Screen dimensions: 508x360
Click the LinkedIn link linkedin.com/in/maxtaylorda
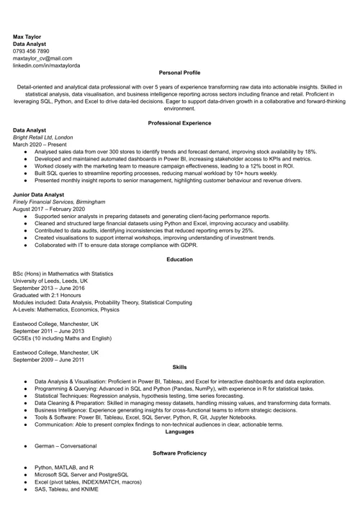47,65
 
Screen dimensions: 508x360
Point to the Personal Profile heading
179,73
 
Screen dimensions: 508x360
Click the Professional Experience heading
179,123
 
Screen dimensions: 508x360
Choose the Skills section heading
179,367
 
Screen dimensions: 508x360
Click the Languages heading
179,432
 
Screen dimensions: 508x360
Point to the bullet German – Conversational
66,446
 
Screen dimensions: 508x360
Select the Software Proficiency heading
179,453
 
